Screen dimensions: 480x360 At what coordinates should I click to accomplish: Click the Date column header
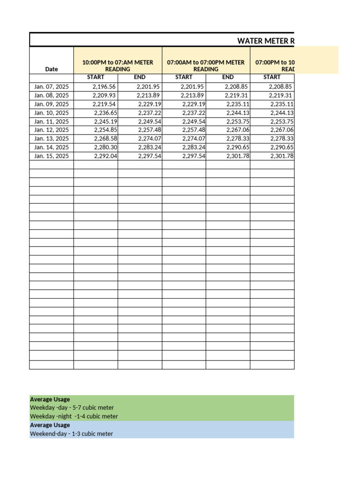coord(52,69)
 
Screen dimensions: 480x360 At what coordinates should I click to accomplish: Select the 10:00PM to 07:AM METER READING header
coord(118,66)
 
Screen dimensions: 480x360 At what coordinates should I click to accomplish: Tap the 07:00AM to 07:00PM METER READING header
coord(206,66)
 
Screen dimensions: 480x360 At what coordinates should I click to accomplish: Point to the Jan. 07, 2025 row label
coord(52,87)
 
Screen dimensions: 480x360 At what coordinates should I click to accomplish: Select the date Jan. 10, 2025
coord(52,113)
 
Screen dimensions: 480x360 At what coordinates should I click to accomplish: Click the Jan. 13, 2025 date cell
coord(52,139)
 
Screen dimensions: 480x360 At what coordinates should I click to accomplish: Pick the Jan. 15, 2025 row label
coord(52,156)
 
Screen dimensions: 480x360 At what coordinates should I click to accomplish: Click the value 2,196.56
coord(104,87)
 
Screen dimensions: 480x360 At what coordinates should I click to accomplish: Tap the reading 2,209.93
coord(104,96)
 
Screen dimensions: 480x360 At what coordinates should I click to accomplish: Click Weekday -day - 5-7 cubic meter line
coord(72,408)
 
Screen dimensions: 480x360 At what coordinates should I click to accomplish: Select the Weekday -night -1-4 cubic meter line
coord(74,416)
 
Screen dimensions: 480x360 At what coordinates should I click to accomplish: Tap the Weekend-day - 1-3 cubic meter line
coord(71,434)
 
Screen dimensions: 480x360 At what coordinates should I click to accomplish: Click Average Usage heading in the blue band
coord(50,425)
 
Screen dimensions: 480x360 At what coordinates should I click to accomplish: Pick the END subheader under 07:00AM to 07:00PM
coord(228,77)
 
